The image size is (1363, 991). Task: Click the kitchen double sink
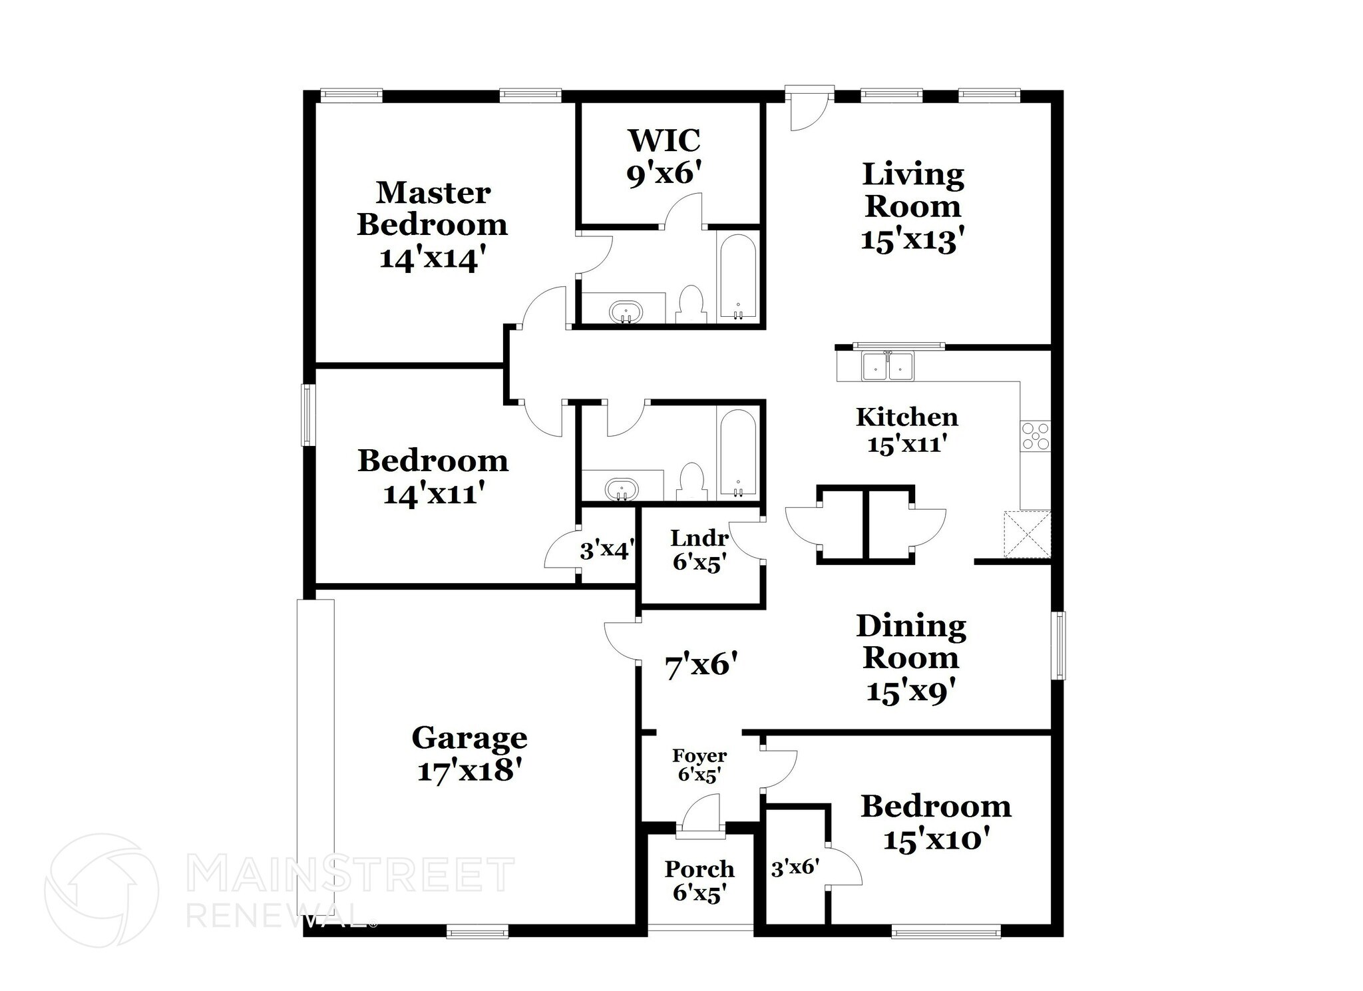(888, 366)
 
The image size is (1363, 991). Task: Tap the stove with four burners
(1036, 437)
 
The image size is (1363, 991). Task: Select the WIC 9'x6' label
(664, 157)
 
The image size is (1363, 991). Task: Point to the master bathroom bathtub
(737, 277)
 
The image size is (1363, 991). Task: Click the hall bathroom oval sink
(622, 490)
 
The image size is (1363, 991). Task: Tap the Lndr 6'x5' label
(699, 550)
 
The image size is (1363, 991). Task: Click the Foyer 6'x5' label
(699, 765)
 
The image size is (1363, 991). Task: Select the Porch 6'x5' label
(699, 880)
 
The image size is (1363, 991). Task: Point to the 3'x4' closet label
(606, 550)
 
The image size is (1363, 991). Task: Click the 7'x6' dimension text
(701, 664)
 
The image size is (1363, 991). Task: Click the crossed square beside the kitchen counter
(1027, 534)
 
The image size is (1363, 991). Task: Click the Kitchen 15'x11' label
(906, 430)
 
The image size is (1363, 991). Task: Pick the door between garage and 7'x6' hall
(620, 641)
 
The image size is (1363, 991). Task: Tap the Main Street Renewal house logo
(101, 890)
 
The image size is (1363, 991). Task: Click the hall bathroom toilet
(691, 482)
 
